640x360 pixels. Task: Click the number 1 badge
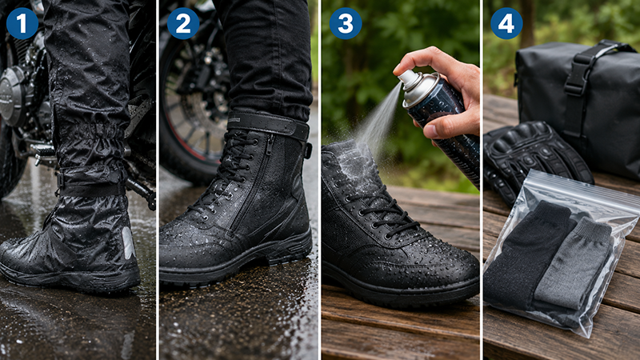coord(22,23)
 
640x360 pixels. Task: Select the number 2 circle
coord(183,23)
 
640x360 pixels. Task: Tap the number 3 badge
coord(346,23)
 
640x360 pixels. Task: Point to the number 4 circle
coord(506,23)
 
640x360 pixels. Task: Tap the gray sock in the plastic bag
coord(574,266)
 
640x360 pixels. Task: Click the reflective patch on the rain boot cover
coord(128,242)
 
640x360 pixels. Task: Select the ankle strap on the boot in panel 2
coord(268,124)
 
